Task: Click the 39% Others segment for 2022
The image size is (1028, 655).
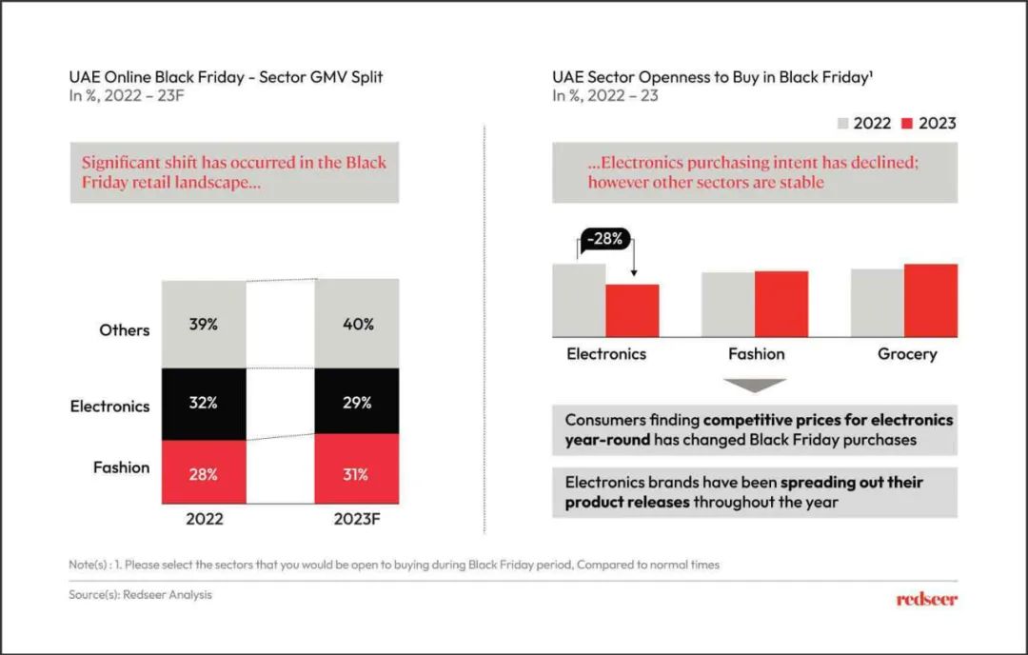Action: tap(203, 324)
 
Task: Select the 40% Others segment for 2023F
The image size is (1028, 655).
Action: tap(357, 324)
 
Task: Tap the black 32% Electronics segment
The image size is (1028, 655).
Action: tap(203, 403)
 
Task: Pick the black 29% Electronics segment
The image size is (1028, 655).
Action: tap(357, 403)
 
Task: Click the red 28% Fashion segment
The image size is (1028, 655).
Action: tap(203, 474)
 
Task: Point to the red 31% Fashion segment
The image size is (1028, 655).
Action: tap(357, 474)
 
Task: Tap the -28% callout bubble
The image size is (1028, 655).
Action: tap(604, 239)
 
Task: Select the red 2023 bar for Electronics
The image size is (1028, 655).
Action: tap(632, 310)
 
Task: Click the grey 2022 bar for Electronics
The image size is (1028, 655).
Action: tap(579, 300)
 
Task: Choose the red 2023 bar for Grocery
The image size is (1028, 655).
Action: tap(930, 300)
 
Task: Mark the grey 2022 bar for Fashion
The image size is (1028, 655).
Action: tap(728, 304)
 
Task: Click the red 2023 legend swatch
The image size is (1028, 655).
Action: tap(907, 123)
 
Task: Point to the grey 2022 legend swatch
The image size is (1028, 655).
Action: tap(842, 123)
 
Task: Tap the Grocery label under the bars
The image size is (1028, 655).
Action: tap(906, 354)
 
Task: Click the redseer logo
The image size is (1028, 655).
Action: tap(926, 599)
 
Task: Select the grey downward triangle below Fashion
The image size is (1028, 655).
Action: tap(755, 385)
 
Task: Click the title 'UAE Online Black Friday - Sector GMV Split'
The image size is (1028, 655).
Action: tap(226, 77)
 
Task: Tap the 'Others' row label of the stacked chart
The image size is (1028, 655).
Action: tap(125, 330)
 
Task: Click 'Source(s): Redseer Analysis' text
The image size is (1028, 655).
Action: tap(140, 595)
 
